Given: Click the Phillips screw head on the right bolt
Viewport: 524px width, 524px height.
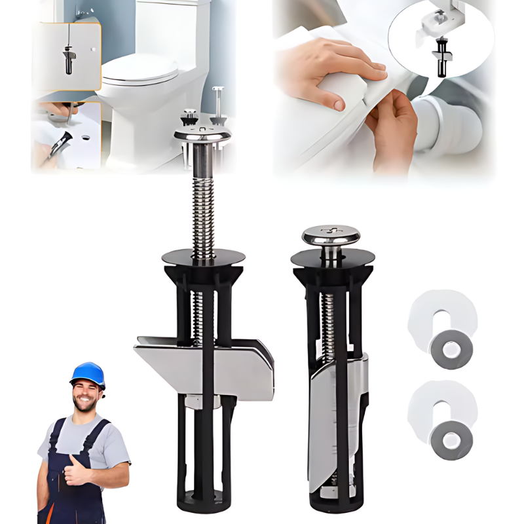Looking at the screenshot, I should point(331,234).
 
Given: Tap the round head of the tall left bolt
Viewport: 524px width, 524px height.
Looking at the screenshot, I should point(202,134).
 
